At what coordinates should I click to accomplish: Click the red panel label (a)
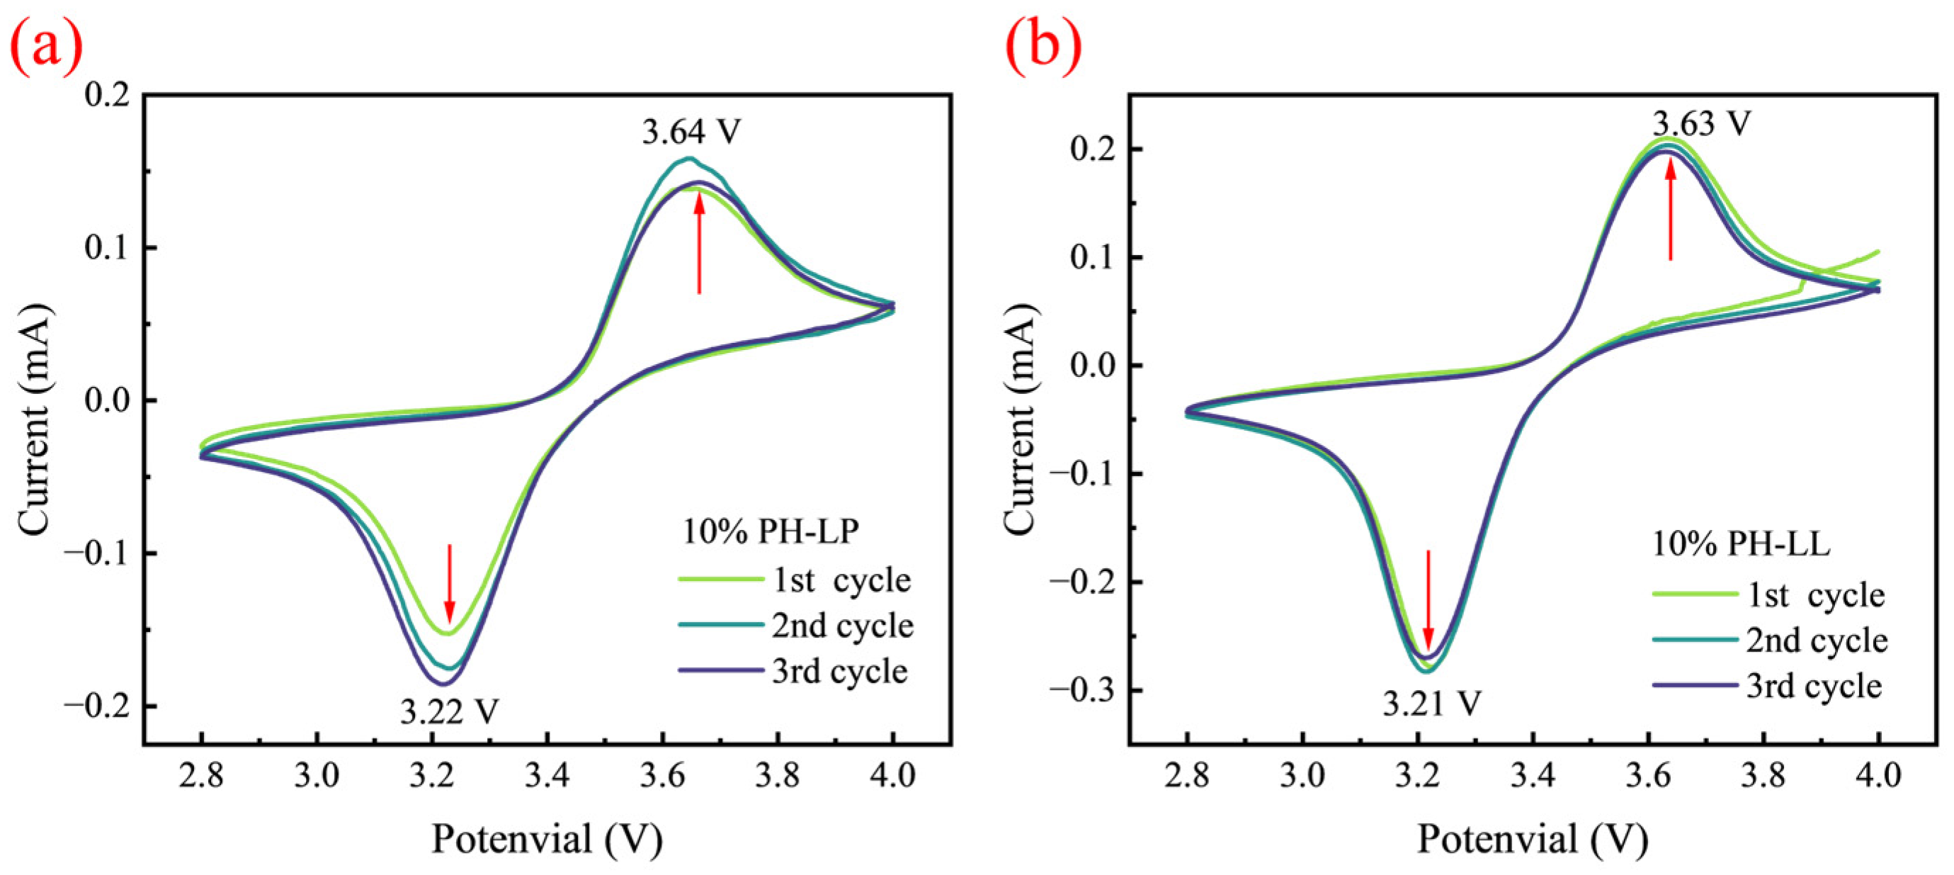pyautogui.click(x=45, y=45)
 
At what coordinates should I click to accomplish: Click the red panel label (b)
pyautogui.click(x=1044, y=45)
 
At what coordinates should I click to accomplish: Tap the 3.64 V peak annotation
pyautogui.click(x=691, y=132)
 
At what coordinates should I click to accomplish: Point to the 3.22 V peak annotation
pyautogui.click(x=449, y=712)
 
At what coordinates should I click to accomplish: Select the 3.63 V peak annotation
pyautogui.click(x=1702, y=123)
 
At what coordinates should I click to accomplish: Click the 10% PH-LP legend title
pyautogui.click(x=771, y=531)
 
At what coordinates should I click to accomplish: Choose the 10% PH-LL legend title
pyautogui.click(x=1742, y=543)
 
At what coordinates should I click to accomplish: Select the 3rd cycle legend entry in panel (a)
pyautogui.click(x=793, y=671)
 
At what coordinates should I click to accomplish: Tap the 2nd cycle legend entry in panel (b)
pyautogui.click(x=1771, y=640)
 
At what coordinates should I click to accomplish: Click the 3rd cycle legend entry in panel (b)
pyautogui.click(x=1768, y=686)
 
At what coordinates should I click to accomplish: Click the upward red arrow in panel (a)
pyautogui.click(x=699, y=245)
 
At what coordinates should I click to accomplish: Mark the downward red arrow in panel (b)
pyautogui.click(x=1428, y=599)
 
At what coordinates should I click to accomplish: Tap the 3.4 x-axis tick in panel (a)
pyautogui.click(x=547, y=776)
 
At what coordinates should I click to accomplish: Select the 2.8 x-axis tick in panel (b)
pyautogui.click(x=1188, y=776)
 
